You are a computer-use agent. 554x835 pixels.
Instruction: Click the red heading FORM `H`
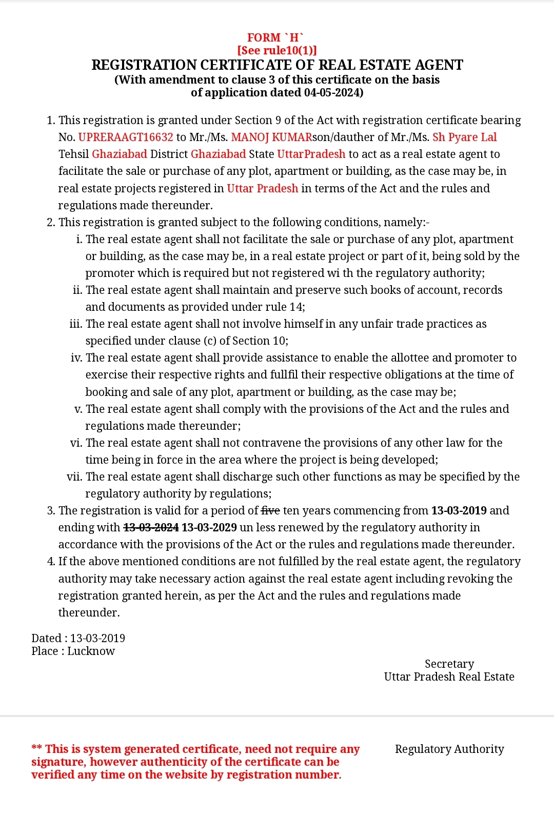pos(275,37)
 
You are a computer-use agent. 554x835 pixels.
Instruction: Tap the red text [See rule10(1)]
pos(277,50)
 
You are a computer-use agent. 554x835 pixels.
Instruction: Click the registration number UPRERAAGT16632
pos(126,137)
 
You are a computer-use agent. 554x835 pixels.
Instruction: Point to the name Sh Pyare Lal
pos(464,137)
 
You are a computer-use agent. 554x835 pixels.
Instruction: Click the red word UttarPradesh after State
pos(311,154)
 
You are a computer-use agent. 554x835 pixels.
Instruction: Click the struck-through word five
pos(270,510)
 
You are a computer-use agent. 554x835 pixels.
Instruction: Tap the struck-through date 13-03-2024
pos(151,527)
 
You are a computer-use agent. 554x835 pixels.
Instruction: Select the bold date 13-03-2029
pos(209,527)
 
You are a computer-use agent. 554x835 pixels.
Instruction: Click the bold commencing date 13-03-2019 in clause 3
pos(459,510)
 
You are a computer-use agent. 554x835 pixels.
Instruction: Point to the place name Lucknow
pos(91,651)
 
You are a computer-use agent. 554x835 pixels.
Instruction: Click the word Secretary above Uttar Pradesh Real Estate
pos(449,664)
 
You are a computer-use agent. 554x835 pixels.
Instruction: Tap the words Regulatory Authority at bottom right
pos(449,749)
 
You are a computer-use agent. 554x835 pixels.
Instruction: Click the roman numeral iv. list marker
pos(76,357)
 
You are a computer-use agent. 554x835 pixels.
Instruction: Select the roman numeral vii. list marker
pos(74,476)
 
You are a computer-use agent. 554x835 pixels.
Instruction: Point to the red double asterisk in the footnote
pos(36,748)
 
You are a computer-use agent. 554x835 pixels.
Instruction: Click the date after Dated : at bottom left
pos(97,638)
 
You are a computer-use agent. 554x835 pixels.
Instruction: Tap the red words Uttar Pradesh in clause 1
pos(262,188)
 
